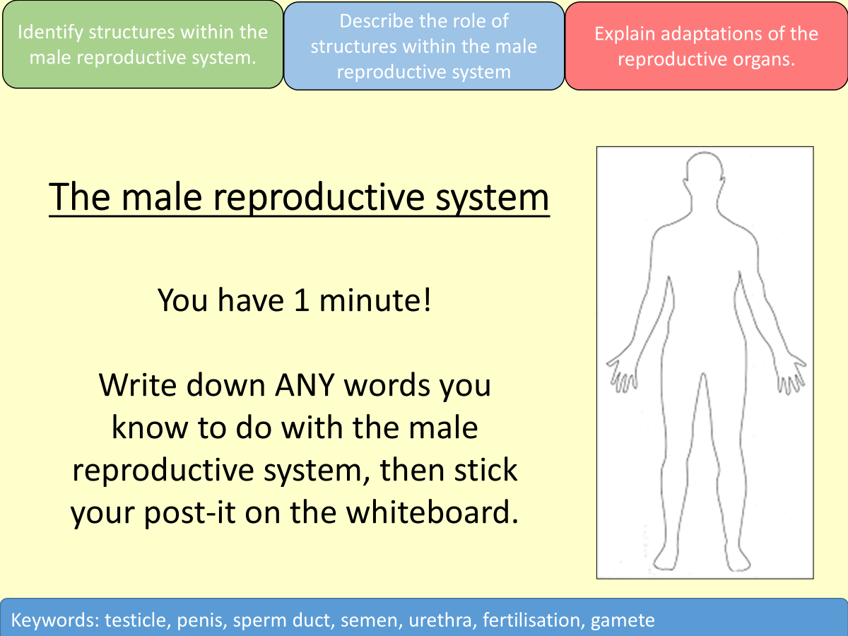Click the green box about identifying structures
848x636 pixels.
pyautogui.click(x=142, y=45)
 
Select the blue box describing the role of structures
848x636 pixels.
pyautogui.click(x=424, y=46)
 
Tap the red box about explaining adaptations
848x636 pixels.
pyautogui.click(x=706, y=46)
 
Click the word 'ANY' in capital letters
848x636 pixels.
pyautogui.click(x=329, y=386)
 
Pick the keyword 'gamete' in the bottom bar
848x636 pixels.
pyautogui.click(x=623, y=620)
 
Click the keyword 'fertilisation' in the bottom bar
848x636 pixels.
pyautogui.click(x=535, y=620)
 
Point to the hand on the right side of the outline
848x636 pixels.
pyautogui.click(x=790, y=374)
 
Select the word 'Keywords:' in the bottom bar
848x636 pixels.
pyautogui.click(x=55, y=620)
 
